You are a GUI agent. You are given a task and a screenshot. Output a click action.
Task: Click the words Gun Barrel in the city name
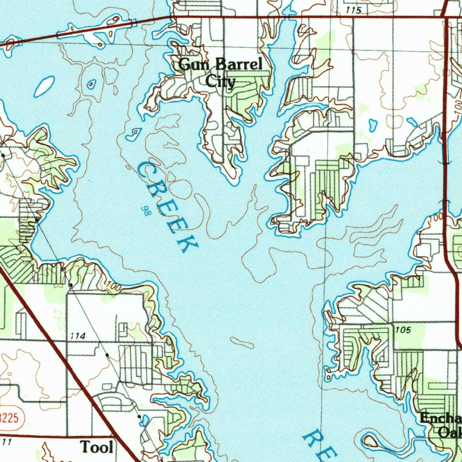[220, 65]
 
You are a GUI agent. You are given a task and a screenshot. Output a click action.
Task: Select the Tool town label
[97, 447]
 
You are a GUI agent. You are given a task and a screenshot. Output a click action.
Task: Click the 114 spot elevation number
[78, 336]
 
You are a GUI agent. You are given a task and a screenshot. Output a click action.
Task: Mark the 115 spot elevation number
[353, 10]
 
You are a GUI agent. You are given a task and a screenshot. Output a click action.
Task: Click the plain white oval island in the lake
[44, 86]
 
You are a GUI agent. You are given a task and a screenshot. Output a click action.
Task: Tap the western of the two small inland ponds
[373, 124]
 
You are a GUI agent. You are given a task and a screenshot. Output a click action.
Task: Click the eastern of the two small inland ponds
[412, 122]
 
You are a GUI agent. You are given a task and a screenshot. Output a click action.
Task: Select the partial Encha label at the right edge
[440, 418]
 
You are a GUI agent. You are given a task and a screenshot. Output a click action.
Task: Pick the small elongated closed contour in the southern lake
[242, 342]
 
